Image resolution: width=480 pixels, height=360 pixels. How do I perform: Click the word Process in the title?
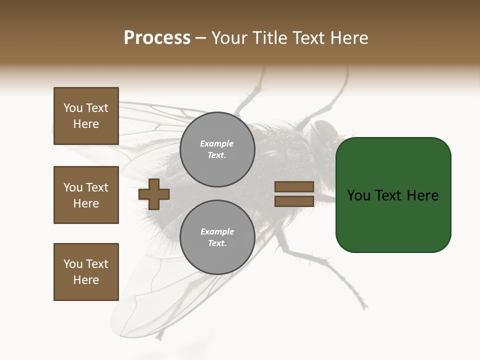(157, 38)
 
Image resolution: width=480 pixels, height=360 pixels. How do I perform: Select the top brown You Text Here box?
(86, 116)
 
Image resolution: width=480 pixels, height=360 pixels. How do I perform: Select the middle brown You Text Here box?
(86, 195)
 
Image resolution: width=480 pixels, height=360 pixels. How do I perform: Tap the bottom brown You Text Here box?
(86, 272)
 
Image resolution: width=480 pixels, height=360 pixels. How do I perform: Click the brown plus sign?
(154, 194)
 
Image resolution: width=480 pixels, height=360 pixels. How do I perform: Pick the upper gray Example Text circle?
(217, 149)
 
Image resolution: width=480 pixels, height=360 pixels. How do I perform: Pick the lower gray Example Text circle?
(217, 237)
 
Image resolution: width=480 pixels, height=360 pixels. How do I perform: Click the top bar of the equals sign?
(294, 187)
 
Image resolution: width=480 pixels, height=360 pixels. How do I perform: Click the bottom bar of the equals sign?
(294, 201)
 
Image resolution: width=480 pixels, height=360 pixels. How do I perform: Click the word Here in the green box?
(422, 195)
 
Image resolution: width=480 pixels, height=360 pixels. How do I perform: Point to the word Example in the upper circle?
(217, 144)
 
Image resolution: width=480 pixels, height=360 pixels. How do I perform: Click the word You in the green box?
(359, 195)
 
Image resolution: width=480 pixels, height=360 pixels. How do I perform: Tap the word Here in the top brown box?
(86, 124)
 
